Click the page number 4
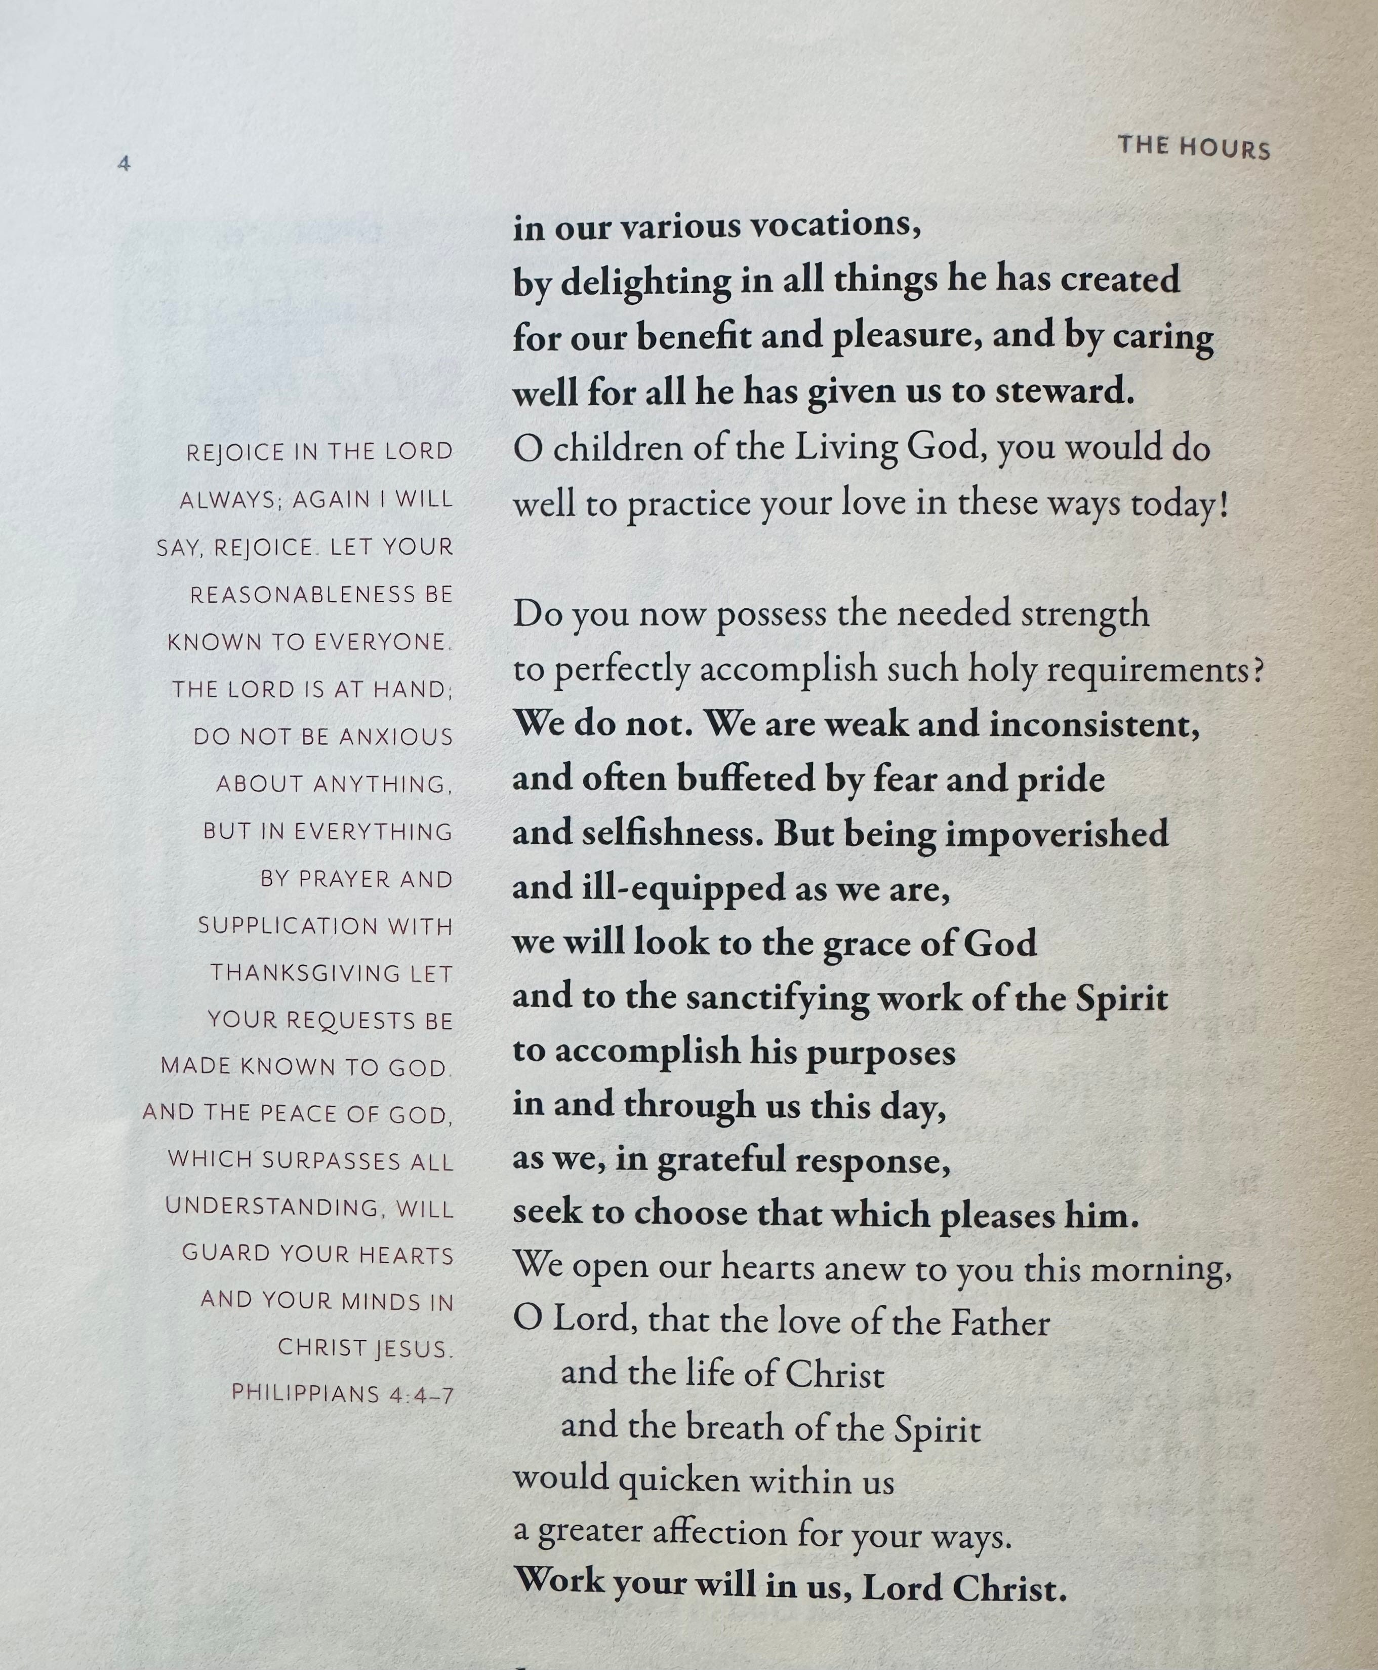point(124,164)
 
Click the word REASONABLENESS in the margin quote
point(302,594)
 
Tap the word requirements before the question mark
point(1148,670)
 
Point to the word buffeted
point(746,779)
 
